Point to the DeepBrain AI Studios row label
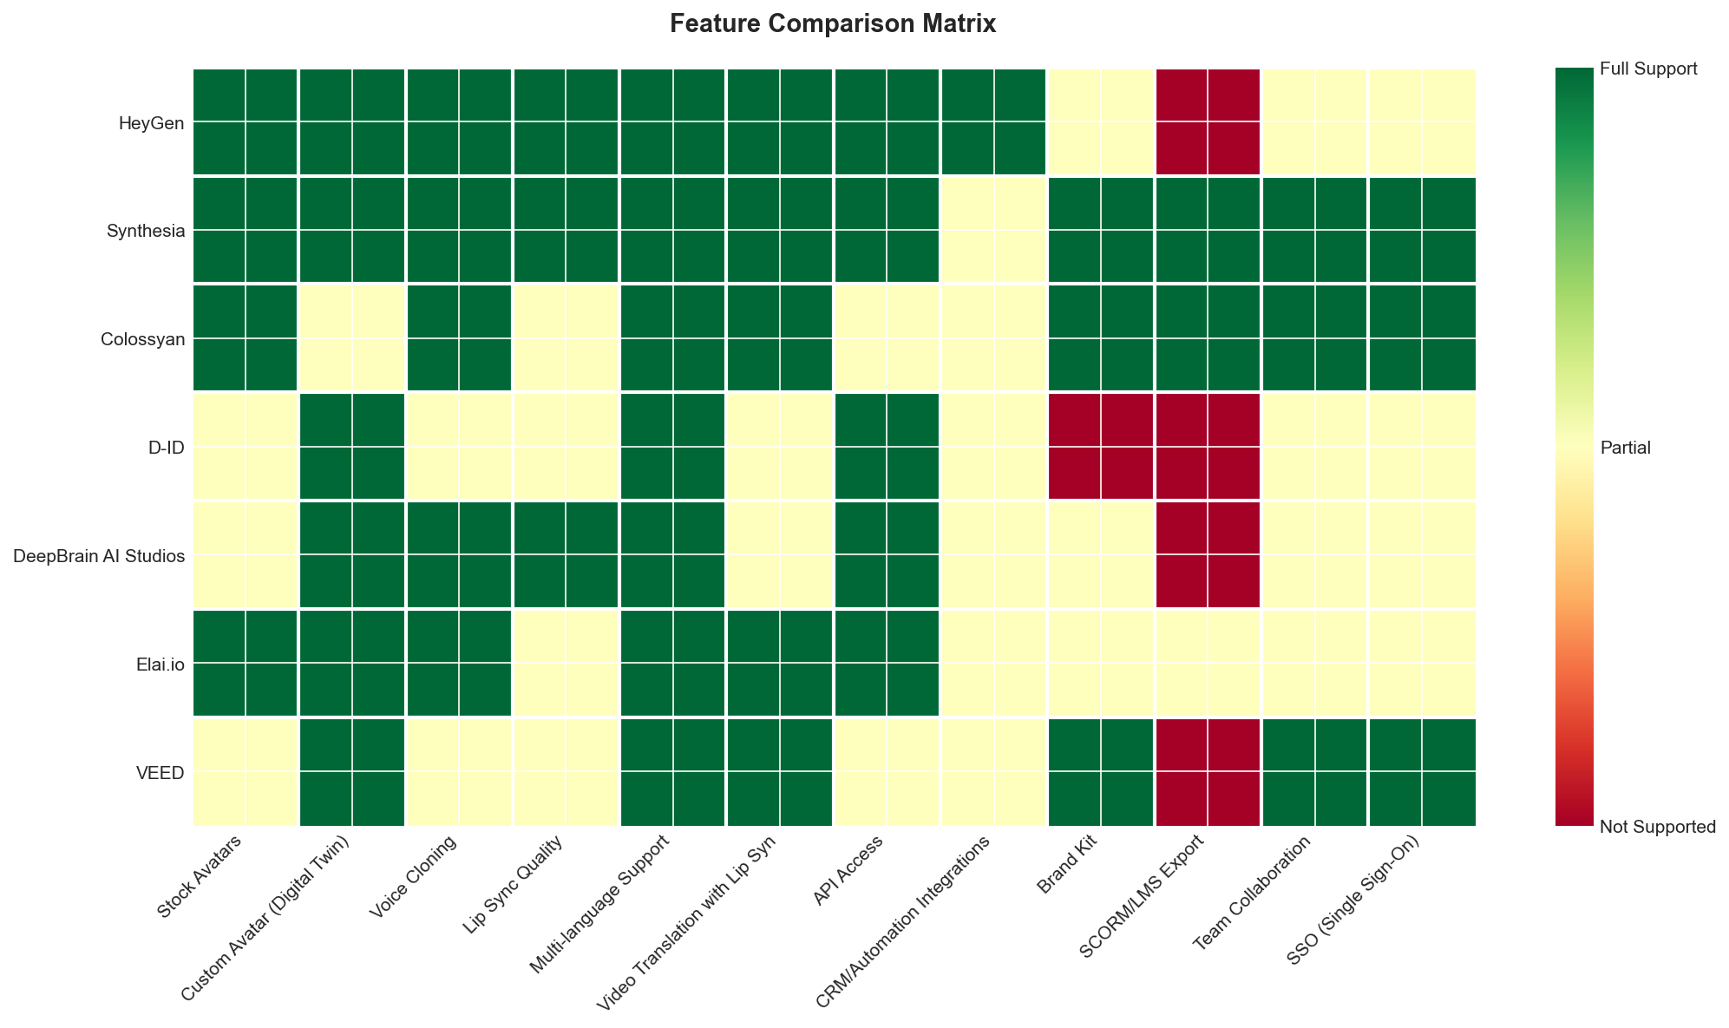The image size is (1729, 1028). [x=100, y=556]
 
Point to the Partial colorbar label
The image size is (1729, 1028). [x=1625, y=449]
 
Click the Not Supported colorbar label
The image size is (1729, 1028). [x=1657, y=827]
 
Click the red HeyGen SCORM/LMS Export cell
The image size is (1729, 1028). [x=1208, y=122]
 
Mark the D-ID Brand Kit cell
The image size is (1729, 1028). [x=1101, y=447]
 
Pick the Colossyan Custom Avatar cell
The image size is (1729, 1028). [x=351, y=338]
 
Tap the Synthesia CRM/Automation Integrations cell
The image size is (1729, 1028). [x=993, y=230]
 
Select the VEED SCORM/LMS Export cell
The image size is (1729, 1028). [x=1208, y=772]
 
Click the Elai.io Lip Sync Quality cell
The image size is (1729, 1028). [x=566, y=664]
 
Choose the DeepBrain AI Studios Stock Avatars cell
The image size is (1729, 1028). [x=245, y=555]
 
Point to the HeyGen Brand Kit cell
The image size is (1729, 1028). [x=1101, y=122]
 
